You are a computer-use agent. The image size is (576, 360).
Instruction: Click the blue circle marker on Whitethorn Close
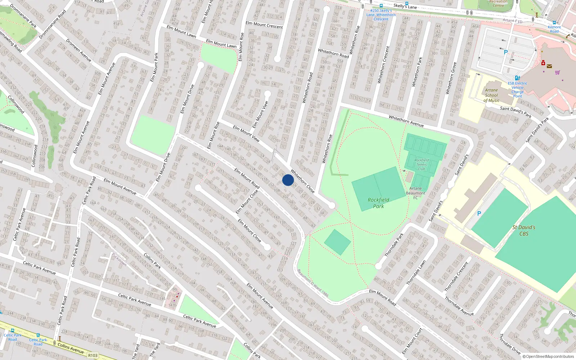(288, 180)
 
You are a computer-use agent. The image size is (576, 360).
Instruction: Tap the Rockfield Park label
(378, 203)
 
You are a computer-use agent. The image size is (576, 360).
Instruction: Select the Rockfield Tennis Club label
(422, 165)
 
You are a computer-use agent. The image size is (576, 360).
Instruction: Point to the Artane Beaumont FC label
(415, 193)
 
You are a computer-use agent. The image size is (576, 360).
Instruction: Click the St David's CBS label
(524, 230)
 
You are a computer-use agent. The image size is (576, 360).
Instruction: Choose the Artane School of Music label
(491, 95)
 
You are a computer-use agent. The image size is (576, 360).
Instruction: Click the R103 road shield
(93, 355)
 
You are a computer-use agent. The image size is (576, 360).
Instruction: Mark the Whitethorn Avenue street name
(406, 121)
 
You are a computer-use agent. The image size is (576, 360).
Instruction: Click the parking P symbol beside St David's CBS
(479, 213)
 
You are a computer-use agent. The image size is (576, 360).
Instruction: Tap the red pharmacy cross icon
(543, 63)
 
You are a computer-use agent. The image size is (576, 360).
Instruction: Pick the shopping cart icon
(557, 72)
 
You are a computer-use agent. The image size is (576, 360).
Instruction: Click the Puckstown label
(119, 259)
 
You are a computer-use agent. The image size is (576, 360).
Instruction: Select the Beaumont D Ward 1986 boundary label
(312, 283)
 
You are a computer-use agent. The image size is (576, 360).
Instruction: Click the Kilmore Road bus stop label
(554, 29)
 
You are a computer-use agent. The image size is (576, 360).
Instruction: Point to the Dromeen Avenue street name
(78, 50)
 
